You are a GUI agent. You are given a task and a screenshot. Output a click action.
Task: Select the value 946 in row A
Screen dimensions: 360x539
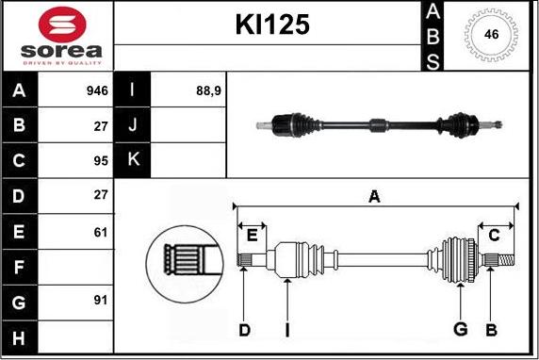click(96, 91)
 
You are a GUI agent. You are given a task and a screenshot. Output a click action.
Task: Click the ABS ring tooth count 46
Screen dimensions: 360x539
click(490, 35)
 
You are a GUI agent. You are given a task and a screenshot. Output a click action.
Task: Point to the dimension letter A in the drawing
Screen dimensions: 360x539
click(374, 197)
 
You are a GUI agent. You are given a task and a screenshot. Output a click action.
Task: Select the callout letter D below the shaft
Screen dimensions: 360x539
click(243, 330)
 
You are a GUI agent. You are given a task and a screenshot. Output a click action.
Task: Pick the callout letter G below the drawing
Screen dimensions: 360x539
click(461, 330)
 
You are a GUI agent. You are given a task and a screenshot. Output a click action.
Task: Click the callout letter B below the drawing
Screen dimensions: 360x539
click(491, 330)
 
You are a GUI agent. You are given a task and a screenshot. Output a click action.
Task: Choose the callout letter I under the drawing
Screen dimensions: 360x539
click(288, 330)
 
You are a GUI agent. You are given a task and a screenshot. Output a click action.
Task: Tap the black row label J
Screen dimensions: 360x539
click(132, 124)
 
